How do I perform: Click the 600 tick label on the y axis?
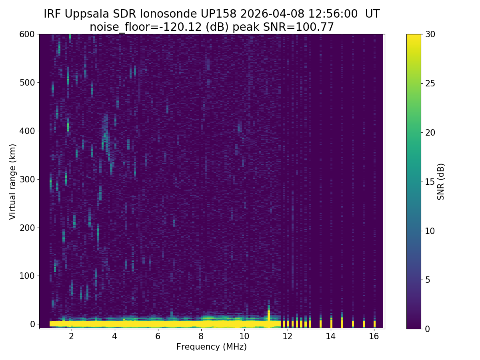point(27,34)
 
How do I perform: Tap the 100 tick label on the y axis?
point(27,276)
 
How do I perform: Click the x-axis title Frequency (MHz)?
point(212,347)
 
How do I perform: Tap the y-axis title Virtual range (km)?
point(12,182)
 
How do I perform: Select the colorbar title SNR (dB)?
point(441,182)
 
